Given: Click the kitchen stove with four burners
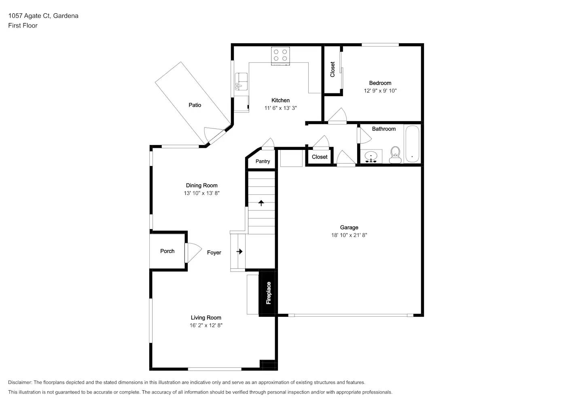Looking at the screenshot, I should pos(280,55).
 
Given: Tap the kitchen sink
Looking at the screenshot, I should pos(242,82).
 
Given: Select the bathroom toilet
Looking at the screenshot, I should pos(395,155).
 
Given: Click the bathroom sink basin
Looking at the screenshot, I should pos(371,156).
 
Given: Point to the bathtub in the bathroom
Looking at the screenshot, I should pos(412,144).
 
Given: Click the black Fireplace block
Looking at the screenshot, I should pos(268,293).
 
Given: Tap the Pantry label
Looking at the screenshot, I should pos(263,161).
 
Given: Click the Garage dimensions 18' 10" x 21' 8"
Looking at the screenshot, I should pos(349,235).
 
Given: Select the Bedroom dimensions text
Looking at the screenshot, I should pos(380,90).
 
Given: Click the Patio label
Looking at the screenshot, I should pos(195,105).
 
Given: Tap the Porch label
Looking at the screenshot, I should pos(167,251).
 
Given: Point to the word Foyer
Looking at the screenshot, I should pos(214,253).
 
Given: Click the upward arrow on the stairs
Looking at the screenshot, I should pos(261,203).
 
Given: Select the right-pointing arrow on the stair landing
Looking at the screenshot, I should pos(239,251).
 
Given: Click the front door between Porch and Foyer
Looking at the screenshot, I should pos(193,253).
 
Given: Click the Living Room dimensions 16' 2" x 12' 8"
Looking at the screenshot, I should pos(206,325).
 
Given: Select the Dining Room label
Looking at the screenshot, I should pos(201,185).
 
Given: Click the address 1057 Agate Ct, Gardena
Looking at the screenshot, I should pos(43,16).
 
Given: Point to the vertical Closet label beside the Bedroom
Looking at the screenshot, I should pos(333,69).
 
